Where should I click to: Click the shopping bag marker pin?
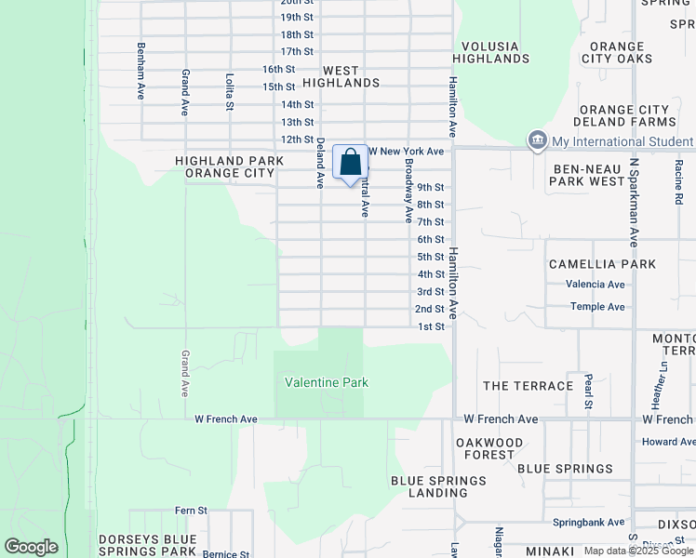[x=350, y=164]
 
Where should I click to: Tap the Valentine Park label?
[x=327, y=382]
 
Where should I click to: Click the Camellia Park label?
[x=602, y=264]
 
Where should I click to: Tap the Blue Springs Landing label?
[x=438, y=486]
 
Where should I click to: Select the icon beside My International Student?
[x=538, y=141]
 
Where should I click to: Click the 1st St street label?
[x=431, y=326]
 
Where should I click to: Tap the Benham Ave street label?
[x=141, y=71]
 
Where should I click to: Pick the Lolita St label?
[x=229, y=93]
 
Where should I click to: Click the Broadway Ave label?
[x=408, y=189]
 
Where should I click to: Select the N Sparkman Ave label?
[x=634, y=201]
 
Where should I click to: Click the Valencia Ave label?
[x=597, y=285]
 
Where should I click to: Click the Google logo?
[x=32, y=547]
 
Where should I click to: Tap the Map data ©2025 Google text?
[x=637, y=551]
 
